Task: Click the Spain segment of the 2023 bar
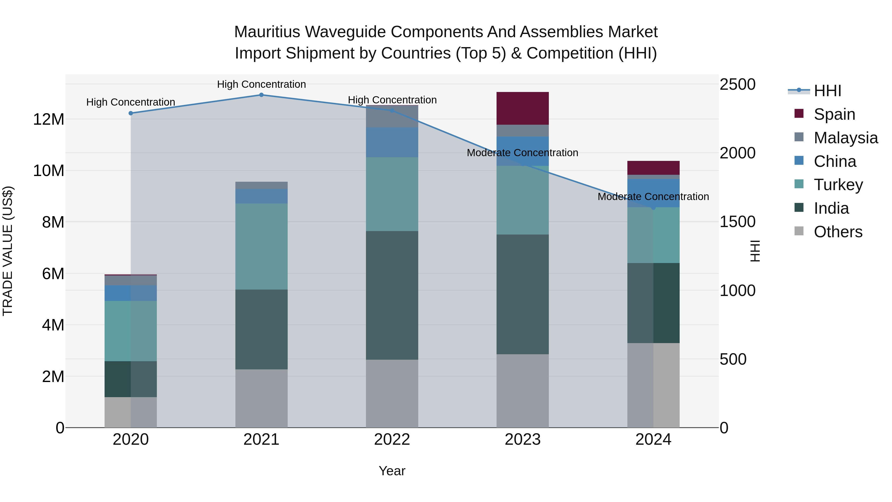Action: pos(523,108)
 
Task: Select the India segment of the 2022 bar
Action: pos(392,295)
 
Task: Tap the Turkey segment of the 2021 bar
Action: pos(261,246)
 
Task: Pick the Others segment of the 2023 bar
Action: pos(523,391)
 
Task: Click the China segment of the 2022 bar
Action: pos(392,142)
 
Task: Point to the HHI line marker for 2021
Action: pos(261,95)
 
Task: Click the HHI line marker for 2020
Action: pos(131,113)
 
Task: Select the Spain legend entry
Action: pos(834,114)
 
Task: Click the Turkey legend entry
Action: pos(838,185)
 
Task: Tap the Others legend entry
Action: pos(838,232)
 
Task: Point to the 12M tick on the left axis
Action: pos(49,119)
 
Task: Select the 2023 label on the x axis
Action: pos(523,440)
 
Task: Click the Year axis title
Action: pos(392,471)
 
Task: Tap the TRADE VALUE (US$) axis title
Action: pos(8,251)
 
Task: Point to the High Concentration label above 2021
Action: pos(261,84)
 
